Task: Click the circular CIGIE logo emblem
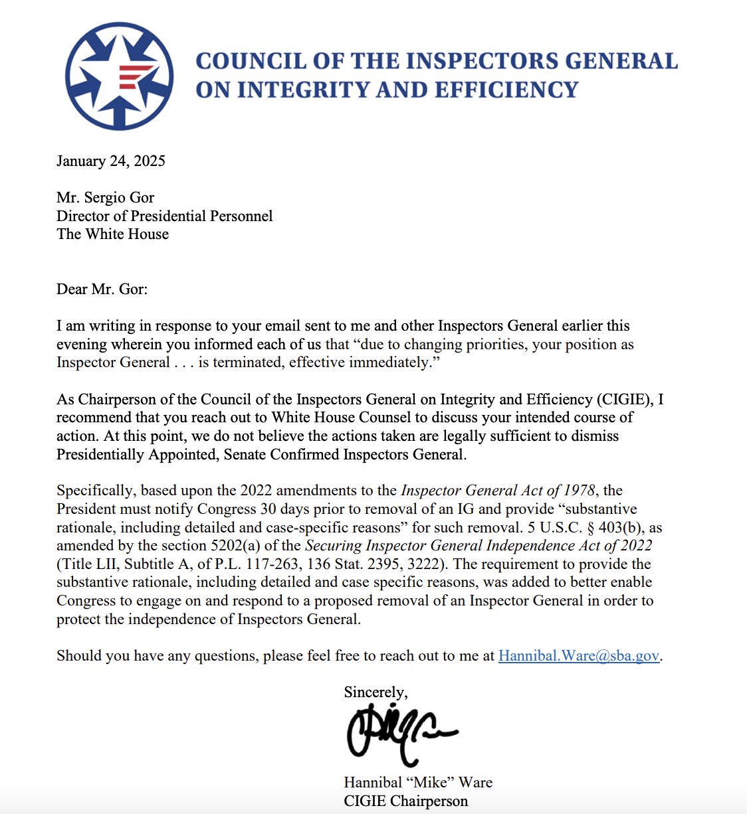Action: pos(120,76)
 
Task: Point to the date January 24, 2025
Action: pos(111,161)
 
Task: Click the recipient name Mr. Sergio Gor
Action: pos(105,198)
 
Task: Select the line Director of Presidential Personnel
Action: pos(164,216)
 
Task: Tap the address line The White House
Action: pos(112,234)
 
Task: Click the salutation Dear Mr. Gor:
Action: pos(102,289)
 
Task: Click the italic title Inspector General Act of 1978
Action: pos(498,491)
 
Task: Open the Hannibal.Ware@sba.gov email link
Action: pos(578,656)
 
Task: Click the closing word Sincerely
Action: pos(375,692)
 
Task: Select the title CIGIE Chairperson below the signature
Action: pos(405,801)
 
